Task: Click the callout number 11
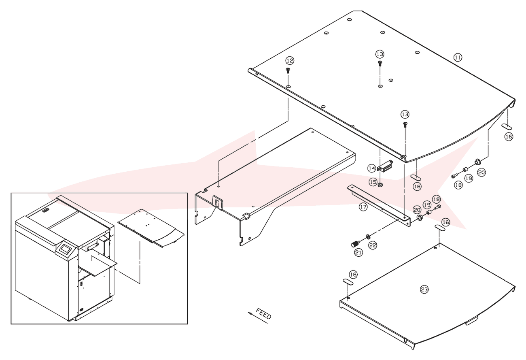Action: point(458,58)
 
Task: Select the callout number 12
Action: point(290,61)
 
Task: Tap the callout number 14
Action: point(372,168)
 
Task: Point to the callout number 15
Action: point(373,182)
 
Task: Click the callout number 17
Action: point(363,207)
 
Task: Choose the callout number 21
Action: point(358,252)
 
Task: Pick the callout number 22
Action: point(373,245)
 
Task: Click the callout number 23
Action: point(424,289)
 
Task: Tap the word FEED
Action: point(263,313)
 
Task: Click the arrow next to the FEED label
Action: point(258,318)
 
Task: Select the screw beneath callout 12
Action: point(288,70)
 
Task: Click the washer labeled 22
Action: point(367,236)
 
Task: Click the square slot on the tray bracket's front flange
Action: point(217,202)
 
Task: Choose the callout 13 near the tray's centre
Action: point(380,54)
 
